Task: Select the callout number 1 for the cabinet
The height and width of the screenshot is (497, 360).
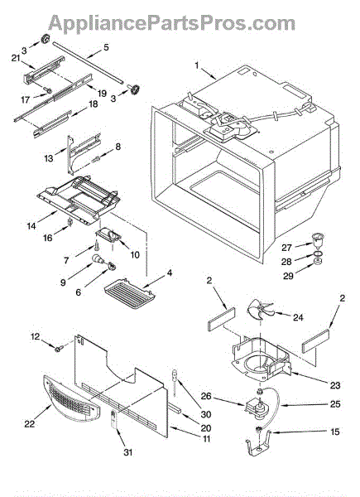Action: (197, 65)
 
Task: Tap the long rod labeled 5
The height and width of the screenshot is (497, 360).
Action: (88, 62)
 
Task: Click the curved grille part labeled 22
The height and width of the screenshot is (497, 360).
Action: (70, 398)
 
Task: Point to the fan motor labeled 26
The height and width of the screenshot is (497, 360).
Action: (257, 409)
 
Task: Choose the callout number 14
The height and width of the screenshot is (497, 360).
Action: (31, 225)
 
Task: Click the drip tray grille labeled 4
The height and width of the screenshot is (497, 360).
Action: (130, 293)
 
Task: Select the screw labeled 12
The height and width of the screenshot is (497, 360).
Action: (59, 349)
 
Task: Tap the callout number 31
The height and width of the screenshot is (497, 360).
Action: (128, 452)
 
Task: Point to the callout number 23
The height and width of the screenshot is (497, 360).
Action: (335, 385)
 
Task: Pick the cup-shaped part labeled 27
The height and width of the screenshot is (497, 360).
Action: (317, 241)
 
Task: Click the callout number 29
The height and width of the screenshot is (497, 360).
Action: (288, 276)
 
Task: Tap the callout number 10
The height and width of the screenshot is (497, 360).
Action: (135, 254)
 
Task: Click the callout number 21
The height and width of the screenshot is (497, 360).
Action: (16, 58)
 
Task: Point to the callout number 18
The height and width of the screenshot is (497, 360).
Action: (93, 104)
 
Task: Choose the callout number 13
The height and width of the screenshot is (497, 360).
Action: (49, 158)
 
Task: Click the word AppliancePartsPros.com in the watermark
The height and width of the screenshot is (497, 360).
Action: (171, 23)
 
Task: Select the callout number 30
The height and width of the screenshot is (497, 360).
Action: (205, 414)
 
